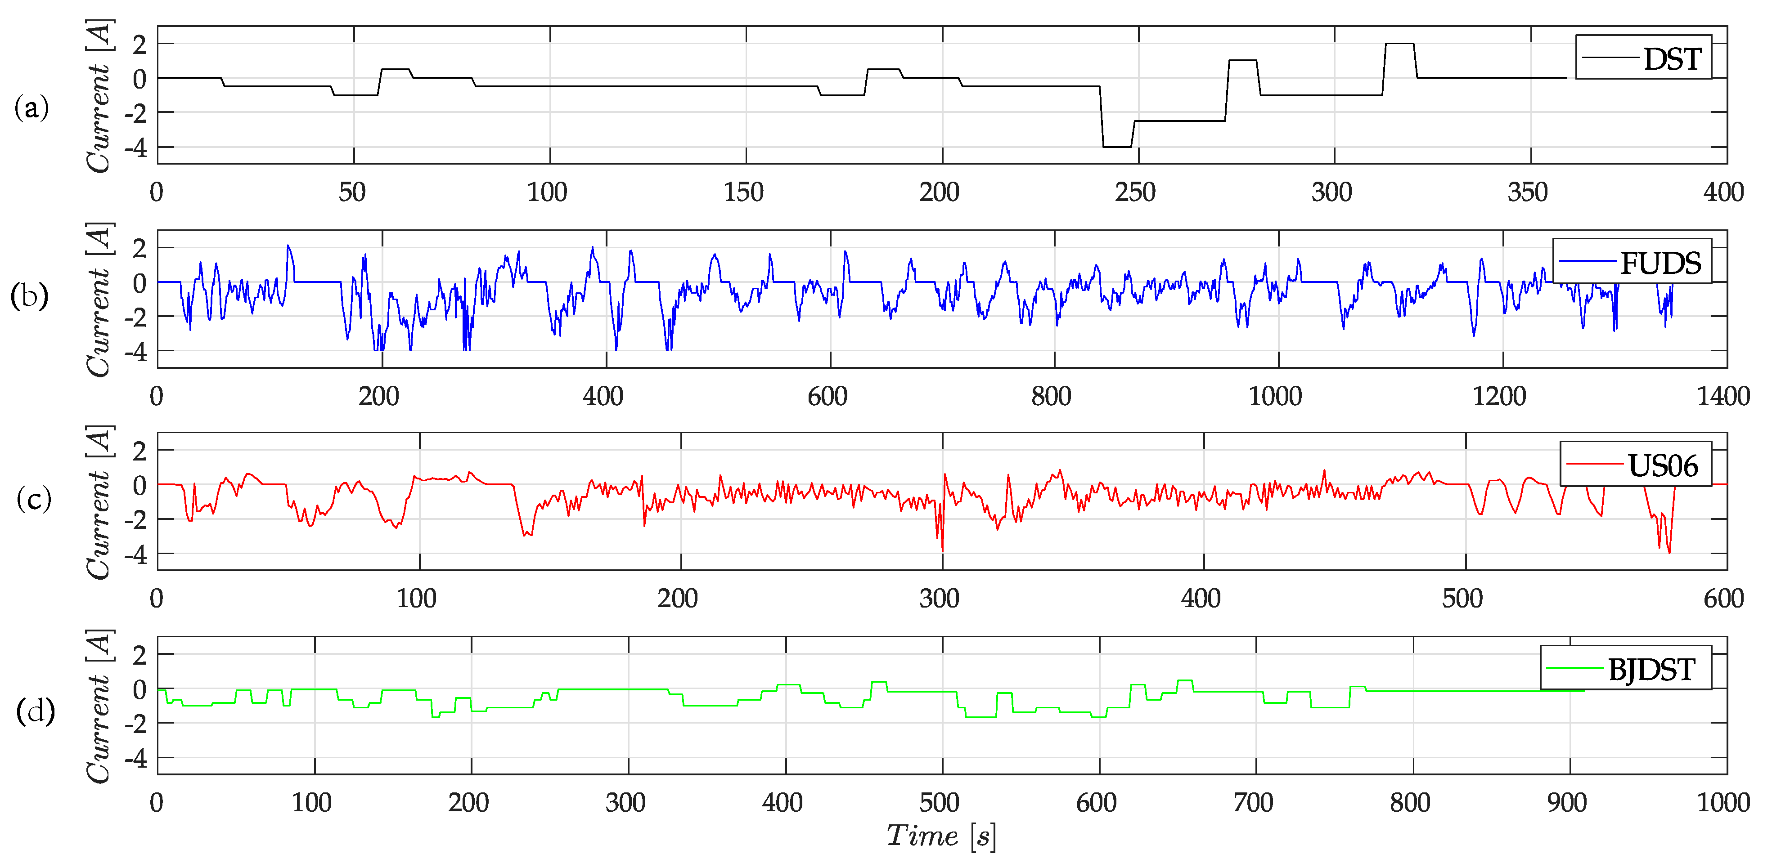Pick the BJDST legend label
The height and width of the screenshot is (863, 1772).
[x=1651, y=669]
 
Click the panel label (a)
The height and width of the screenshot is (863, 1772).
[x=31, y=108]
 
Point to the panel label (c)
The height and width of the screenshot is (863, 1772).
[x=33, y=498]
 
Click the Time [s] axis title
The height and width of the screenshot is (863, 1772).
[x=940, y=836]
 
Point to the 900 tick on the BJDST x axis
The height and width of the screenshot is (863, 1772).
[x=1566, y=802]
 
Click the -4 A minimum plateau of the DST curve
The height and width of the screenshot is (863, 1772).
[x=1116, y=147]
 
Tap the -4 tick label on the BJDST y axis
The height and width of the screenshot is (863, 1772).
[x=135, y=759]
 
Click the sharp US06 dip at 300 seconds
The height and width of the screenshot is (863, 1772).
[x=942, y=547]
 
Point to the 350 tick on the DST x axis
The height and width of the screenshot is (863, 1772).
[x=1527, y=192]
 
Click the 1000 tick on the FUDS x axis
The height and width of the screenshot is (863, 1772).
[x=1275, y=396]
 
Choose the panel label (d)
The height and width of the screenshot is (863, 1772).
[x=34, y=711]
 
